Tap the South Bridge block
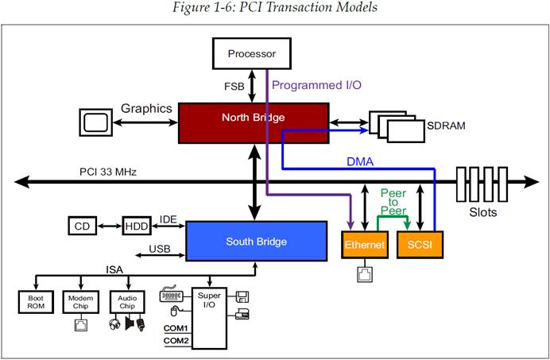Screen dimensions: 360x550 (x=256, y=241)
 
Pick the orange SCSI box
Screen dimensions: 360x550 (x=420, y=245)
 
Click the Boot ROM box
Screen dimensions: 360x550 (x=33, y=301)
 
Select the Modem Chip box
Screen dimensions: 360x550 (x=79, y=301)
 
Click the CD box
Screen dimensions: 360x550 (x=82, y=226)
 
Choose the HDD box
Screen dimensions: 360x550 (x=135, y=226)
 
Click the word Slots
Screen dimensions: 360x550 (x=484, y=212)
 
